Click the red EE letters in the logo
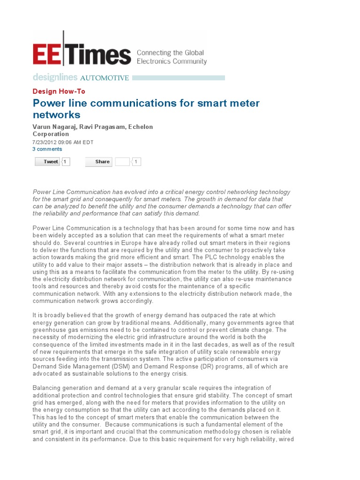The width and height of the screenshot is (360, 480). (46, 54)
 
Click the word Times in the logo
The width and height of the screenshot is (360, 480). (98, 54)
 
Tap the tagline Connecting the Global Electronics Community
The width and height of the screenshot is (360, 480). (171, 57)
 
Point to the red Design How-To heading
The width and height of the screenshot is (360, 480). (59, 91)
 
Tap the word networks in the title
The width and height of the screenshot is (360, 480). (56, 114)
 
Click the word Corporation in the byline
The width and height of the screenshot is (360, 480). (51, 134)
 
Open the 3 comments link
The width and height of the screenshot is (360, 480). (47, 149)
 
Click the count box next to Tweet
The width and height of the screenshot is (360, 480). (66, 162)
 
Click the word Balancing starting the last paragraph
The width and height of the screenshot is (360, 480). (48, 388)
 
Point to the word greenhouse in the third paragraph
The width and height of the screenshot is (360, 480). (49, 330)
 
